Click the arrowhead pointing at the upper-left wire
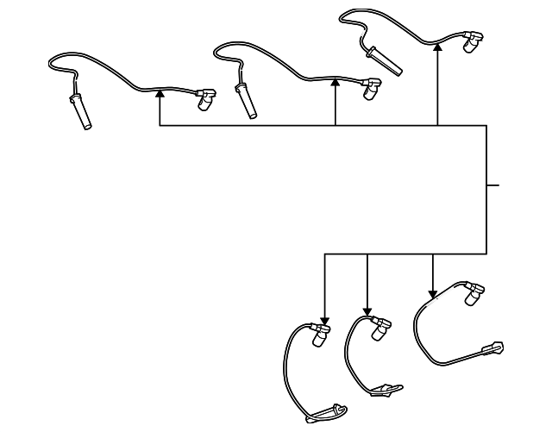[x=160, y=92]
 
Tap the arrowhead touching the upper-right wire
[x=438, y=49]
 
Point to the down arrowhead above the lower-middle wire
[x=368, y=311]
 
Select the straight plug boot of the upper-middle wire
[x=248, y=102]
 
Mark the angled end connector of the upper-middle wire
[x=373, y=88]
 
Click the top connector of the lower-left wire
[x=319, y=335]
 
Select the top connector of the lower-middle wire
[x=379, y=328]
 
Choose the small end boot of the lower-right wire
[x=494, y=347]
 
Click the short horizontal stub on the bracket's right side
[x=492, y=185]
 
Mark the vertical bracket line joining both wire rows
[x=486, y=190]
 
